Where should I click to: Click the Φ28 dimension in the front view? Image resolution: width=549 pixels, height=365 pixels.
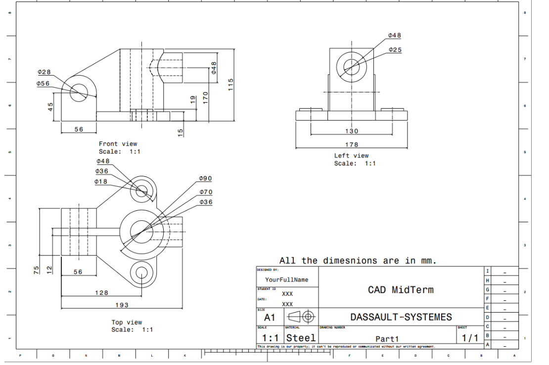[x=44, y=72]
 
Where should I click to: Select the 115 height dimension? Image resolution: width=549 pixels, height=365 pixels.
[x=230, y=84]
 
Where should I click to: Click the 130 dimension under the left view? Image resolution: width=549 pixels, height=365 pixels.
[x=351, y=131]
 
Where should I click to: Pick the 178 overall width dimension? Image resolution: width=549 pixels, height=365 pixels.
[x=351, y=145]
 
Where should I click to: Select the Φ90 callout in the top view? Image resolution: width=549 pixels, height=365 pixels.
[x=205, y=178]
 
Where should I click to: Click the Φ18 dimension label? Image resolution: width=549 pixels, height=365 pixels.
[x=101, y=182]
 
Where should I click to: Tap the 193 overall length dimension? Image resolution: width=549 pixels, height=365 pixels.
[x=122, y=305]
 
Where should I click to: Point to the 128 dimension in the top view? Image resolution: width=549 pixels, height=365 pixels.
[x=101, y=292]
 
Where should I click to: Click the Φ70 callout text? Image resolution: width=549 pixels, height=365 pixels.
[x=206, y=192]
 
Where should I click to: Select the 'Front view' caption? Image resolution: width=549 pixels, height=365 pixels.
[x=118, y=144]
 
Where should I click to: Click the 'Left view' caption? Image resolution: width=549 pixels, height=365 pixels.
[x=351, y=156]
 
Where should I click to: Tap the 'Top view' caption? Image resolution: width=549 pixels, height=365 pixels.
[x=127, y=322]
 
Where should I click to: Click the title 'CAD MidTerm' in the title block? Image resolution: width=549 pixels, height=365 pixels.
[x=401, y=290]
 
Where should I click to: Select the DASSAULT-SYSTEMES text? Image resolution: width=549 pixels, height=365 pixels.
[x=401, y=317]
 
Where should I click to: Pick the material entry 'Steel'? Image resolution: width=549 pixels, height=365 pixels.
[x=301, y=338]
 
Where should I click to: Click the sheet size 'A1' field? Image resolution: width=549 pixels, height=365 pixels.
[x=270, y=318]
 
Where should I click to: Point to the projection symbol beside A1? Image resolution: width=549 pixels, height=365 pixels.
[x=301, y=317]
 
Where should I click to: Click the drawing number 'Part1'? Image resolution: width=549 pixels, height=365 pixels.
[x=387, y=339]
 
